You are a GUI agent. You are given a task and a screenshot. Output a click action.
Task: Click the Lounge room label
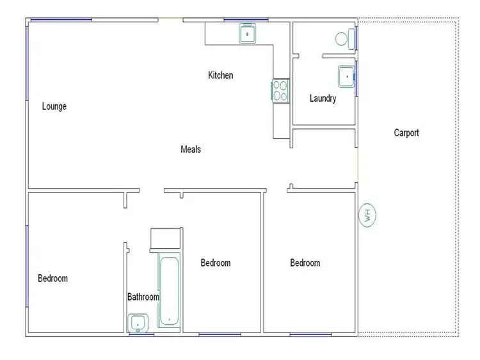point(54,107)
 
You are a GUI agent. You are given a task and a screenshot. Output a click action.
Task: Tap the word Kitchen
point(221,75)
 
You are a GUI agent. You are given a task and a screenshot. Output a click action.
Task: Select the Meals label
point(191,150)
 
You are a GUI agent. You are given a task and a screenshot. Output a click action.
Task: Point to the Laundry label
point(323,98)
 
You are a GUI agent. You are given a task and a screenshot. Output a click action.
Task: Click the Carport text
point(406,133)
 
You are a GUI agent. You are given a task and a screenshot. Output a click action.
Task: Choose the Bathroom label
point(143,297)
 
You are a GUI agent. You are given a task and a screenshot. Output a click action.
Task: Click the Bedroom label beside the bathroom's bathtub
point(216,263)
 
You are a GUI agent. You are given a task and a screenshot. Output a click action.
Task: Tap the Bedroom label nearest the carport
point(305,263)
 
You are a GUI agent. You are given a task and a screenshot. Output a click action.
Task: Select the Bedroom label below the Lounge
point(52,278)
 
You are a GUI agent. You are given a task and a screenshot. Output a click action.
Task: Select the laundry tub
point(346,77)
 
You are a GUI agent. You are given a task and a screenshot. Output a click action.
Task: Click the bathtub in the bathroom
point(169,292)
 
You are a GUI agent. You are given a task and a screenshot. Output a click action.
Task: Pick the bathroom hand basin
point(138,323)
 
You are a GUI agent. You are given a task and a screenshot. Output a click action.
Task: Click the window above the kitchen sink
point(246,20)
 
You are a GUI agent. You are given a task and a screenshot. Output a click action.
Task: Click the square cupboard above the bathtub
point(165,239)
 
